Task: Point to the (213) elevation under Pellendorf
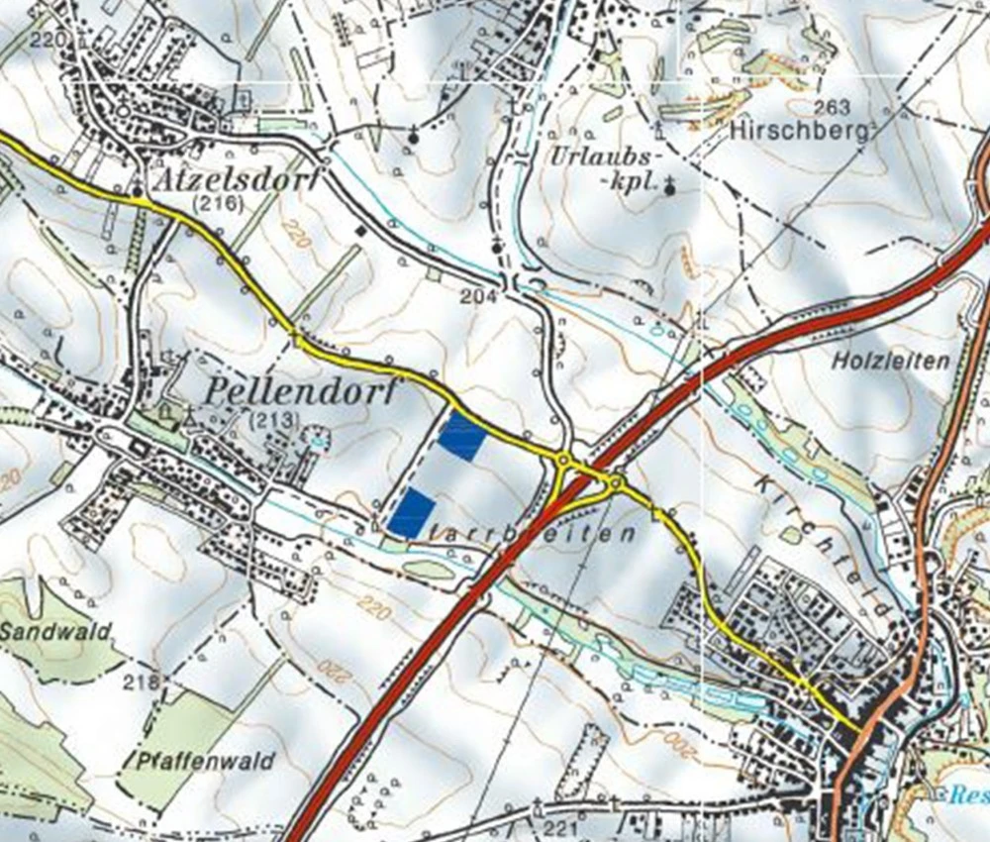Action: [274, 420]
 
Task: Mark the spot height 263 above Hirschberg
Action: [835, 107]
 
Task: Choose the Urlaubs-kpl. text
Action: [602, 169]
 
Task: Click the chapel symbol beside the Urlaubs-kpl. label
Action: [670, 183]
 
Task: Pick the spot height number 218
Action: [143, 683]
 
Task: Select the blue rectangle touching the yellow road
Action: [461, 437]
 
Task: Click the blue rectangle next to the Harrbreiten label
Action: [412, 513]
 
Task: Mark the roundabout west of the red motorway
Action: [564, 460]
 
